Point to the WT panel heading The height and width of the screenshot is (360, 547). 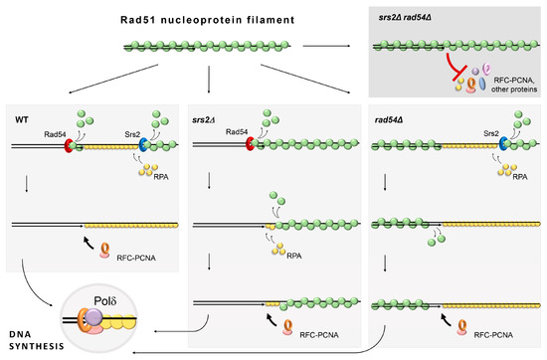22,119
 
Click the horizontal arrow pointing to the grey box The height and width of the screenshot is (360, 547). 319,45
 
